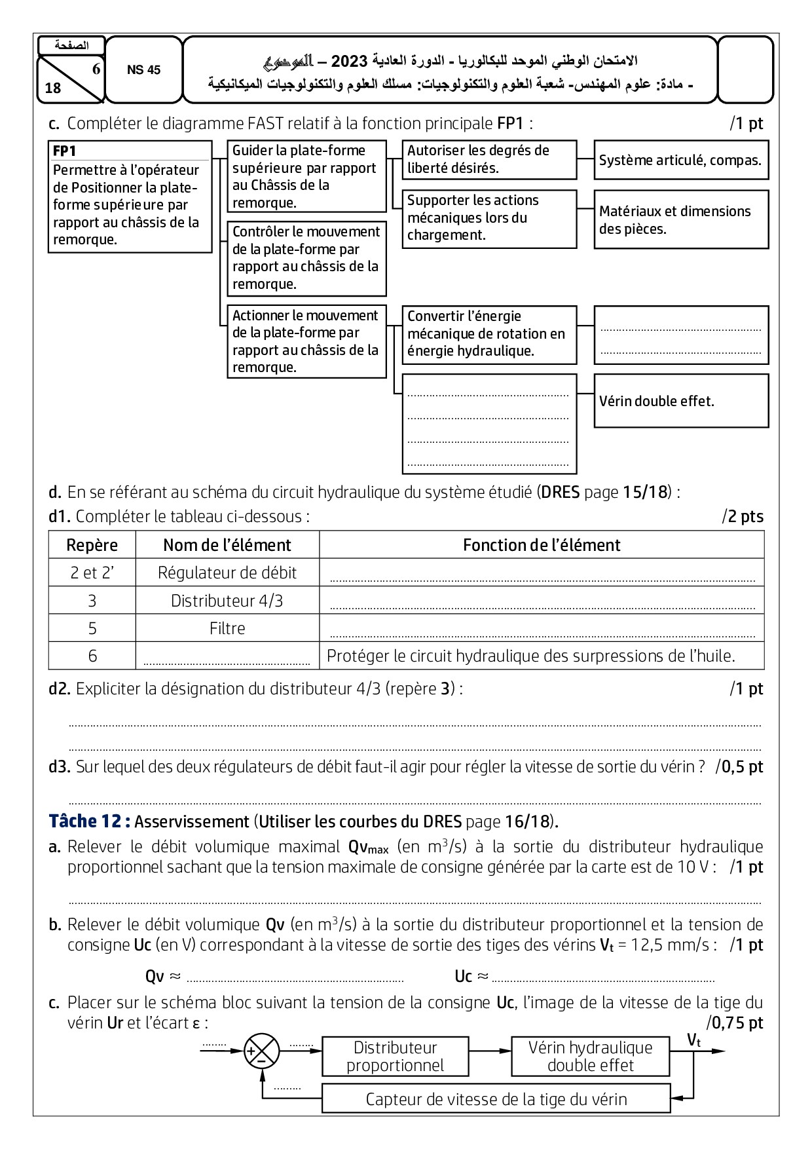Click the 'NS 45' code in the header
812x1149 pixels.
143,70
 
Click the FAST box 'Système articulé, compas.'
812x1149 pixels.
681,160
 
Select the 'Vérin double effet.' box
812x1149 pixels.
681,401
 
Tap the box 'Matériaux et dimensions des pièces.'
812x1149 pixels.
681,219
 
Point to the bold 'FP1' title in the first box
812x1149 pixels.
65,151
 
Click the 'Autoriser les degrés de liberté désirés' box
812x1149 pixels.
489,159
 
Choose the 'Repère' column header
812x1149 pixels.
92,545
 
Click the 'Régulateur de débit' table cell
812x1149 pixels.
227,573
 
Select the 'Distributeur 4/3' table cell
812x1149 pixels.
227,601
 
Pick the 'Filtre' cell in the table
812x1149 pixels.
227,628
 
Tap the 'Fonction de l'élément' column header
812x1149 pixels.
542,545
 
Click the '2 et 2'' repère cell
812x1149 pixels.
92,573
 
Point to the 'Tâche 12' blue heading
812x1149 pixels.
90,821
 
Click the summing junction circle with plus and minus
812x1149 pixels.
261,1051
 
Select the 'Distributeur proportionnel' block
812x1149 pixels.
395,1056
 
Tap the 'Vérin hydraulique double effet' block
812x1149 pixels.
590,1056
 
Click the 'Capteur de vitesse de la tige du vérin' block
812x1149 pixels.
496,1099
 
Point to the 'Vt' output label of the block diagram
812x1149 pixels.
693,1040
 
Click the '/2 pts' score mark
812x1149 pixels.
743,517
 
